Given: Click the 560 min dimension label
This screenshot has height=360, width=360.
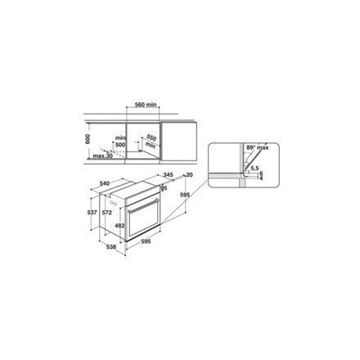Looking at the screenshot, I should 146,106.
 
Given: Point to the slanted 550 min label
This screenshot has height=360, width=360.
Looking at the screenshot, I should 151,140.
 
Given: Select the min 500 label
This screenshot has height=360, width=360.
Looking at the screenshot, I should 120,141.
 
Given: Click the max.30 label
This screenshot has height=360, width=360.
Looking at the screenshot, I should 103,155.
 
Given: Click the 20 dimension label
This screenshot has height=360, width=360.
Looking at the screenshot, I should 189,175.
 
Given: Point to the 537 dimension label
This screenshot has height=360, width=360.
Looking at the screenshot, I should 92,213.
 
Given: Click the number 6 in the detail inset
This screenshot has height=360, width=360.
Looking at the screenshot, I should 262,173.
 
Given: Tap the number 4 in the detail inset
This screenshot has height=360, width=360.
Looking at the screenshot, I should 262,179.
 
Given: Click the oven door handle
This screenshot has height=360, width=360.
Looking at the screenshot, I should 145,200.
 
